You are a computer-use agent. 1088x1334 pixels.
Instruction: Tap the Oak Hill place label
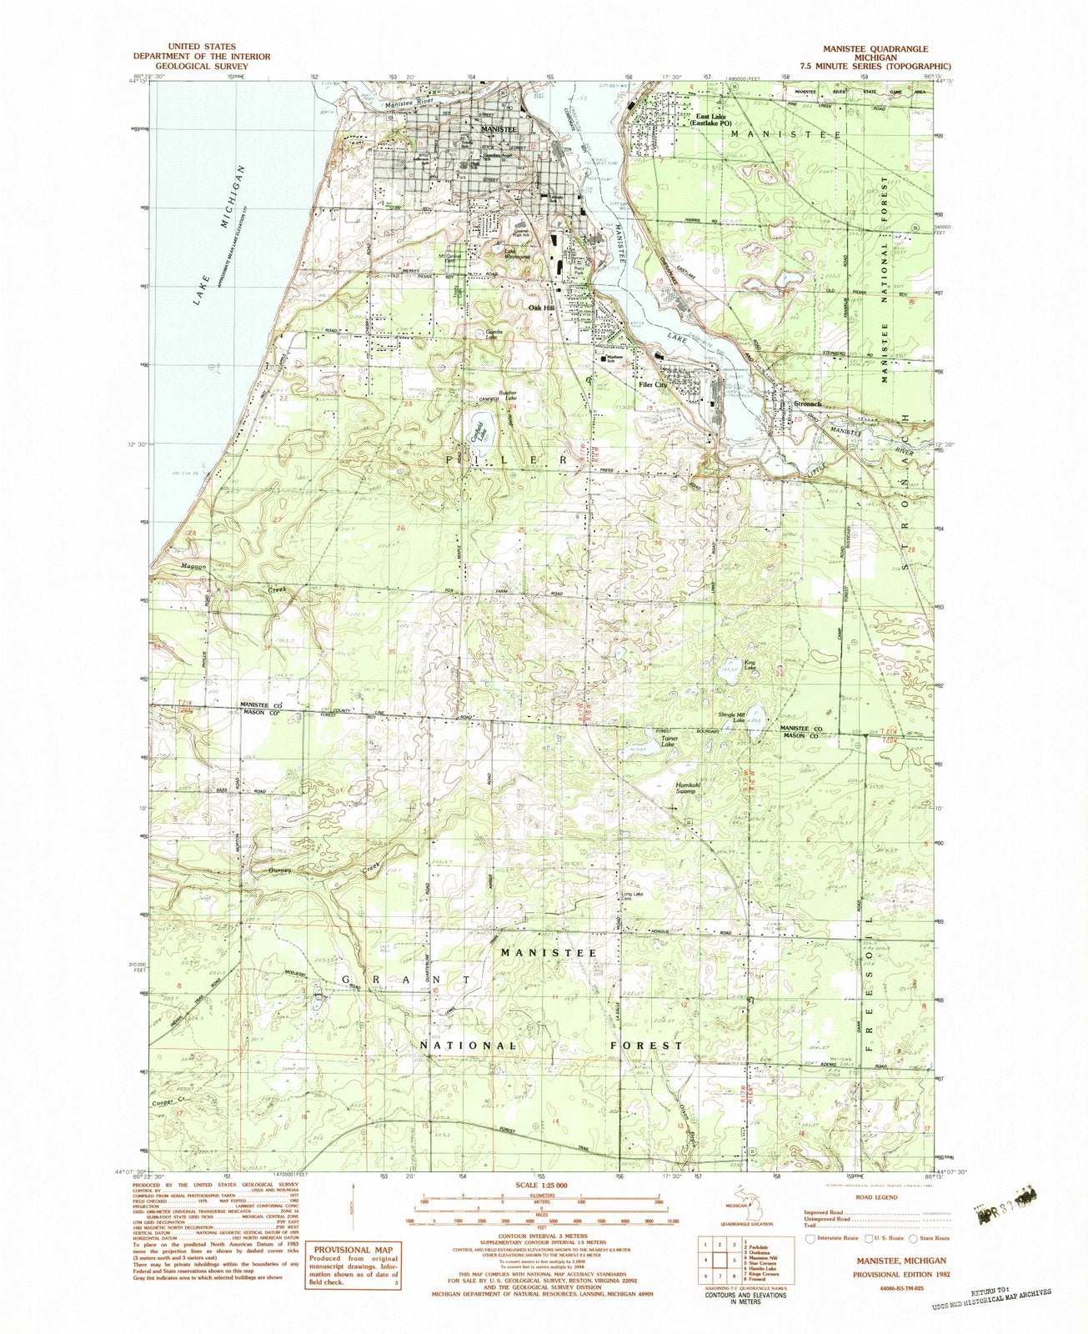[542, 308]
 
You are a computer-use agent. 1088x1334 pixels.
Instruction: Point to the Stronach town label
[807, 404]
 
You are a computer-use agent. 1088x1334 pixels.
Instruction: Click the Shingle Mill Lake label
[732, 717]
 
